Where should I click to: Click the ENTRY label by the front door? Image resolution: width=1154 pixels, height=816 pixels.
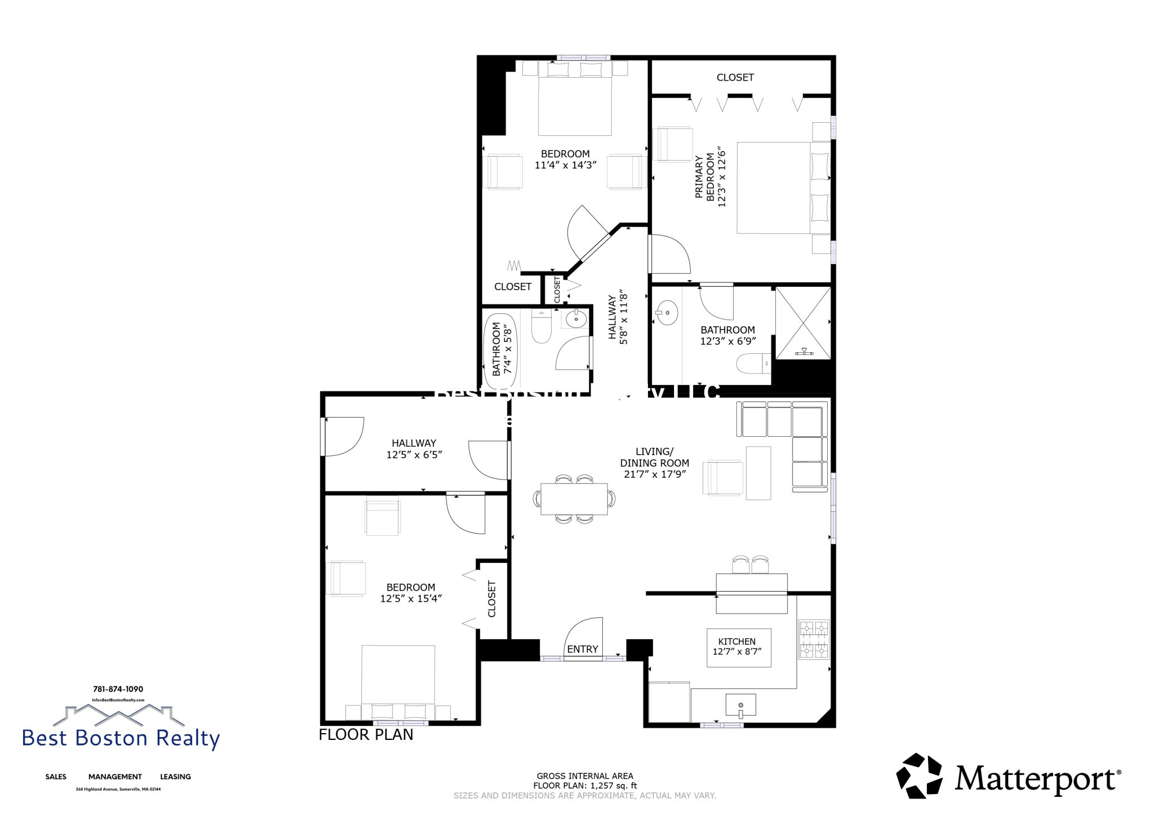[582, 649]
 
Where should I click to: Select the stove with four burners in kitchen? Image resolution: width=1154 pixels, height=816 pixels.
[814, 640]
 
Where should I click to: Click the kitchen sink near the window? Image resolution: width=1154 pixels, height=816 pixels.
[740, 706]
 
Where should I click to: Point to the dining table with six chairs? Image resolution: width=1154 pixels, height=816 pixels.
[574, 499]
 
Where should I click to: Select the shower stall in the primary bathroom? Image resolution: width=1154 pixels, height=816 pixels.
[803, 322]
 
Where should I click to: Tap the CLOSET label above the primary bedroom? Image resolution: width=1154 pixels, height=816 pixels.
[735, 78]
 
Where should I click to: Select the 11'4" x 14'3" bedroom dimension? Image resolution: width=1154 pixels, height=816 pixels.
[565, 165]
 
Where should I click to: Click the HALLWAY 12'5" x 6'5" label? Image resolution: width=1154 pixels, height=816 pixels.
[414, 449]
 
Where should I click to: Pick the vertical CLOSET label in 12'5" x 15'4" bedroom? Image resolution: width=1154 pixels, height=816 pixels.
[491, 599]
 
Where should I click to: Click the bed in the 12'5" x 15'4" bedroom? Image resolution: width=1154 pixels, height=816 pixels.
[398, 679]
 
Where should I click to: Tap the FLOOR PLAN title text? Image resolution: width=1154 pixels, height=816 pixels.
[366, 735]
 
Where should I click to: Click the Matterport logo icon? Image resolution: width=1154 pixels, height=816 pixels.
[919, 776]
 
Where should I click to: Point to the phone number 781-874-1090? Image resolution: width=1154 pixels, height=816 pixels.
[118, 689]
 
